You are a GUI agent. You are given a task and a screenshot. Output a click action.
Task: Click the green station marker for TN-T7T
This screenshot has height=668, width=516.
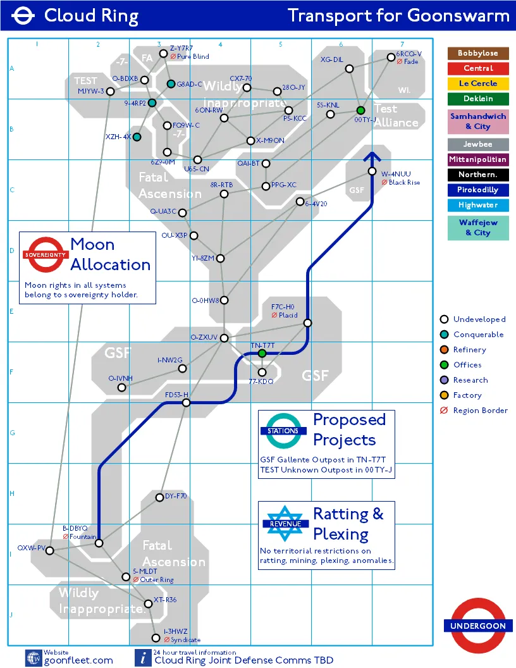tap(262, 353)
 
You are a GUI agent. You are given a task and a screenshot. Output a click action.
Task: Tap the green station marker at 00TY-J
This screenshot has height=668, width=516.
tap(361, 111)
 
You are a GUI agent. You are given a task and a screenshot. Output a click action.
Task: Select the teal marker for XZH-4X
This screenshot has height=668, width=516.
tap(137, 137)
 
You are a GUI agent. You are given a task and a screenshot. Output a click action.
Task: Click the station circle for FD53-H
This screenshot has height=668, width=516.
tap(186, 402)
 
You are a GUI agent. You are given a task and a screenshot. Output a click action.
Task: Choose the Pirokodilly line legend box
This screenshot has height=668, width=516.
tap(478, 190)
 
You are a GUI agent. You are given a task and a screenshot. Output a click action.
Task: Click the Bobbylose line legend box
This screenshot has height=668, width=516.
tap(478, 53)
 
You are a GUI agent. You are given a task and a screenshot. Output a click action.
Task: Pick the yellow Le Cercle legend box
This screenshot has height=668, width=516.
tap(478, 83)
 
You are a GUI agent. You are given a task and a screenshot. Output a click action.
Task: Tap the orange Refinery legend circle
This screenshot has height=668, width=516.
tap(444, 350)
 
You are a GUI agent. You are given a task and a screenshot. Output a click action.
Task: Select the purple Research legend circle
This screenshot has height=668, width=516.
tap(444, 380)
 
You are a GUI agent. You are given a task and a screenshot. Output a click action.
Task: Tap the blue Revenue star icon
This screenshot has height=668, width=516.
tap(285, 523)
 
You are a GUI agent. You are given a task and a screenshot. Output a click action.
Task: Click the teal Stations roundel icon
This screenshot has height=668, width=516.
tap(283, 431)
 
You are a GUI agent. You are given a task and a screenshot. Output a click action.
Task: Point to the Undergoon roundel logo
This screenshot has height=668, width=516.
tap(478, 626)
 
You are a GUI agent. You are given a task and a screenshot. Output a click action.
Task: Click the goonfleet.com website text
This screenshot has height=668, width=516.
tap(78, 660)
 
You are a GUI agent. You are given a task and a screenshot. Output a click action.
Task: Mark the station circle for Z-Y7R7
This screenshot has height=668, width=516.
tap(163, 54)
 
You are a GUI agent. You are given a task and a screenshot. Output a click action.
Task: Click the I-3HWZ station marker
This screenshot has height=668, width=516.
tap(156, 638)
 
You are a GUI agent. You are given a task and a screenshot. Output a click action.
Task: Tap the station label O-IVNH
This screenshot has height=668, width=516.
tap(120, 378)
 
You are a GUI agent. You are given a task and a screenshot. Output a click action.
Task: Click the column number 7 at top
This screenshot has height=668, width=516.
tap(402, 44)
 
